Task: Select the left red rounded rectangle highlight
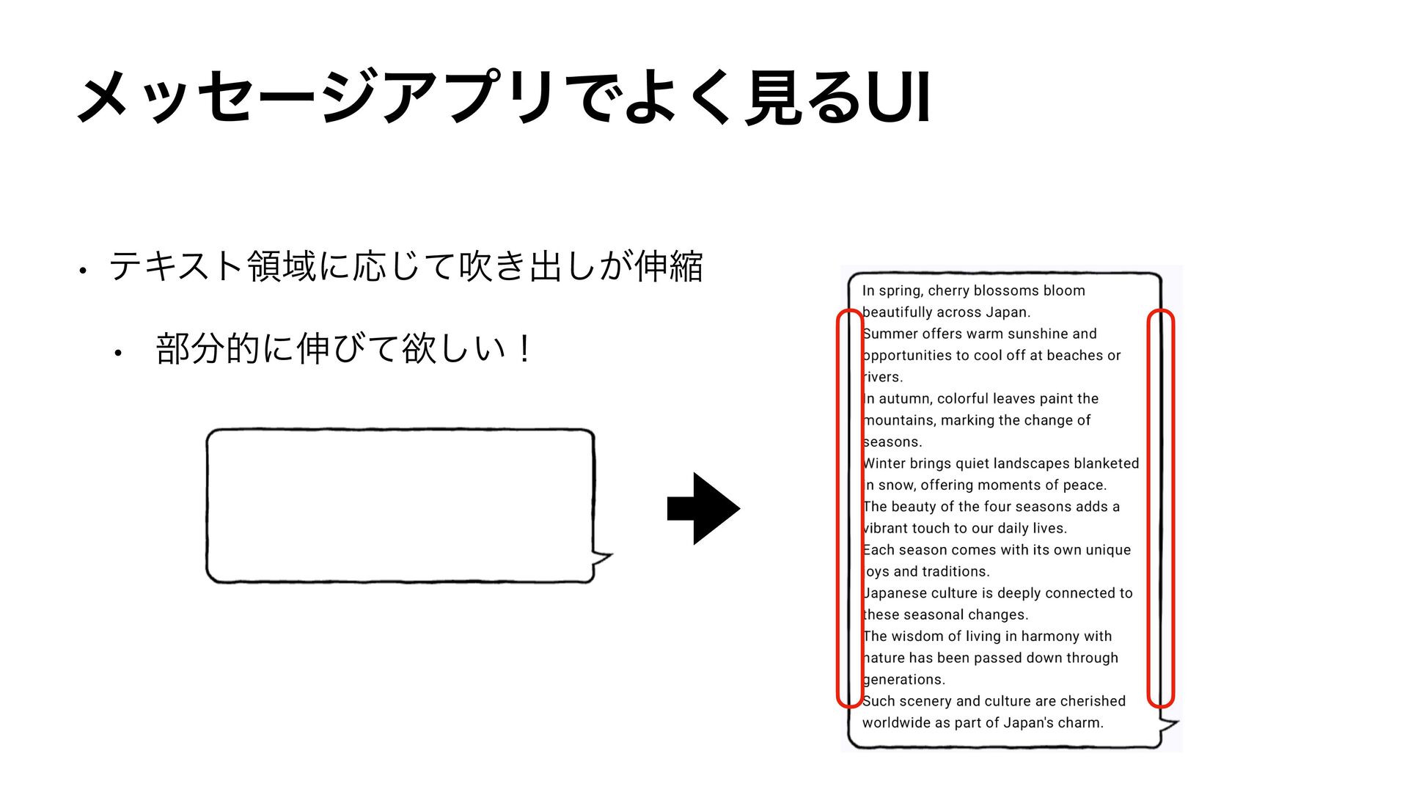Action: (850, 508)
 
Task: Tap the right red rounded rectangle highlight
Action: (1161, 508)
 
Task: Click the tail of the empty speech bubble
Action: (602, 559)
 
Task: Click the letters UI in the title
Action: (898, 98)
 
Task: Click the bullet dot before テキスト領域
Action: (84, 271)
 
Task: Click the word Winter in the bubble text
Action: (885, 463)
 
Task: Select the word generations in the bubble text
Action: (903, 680)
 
